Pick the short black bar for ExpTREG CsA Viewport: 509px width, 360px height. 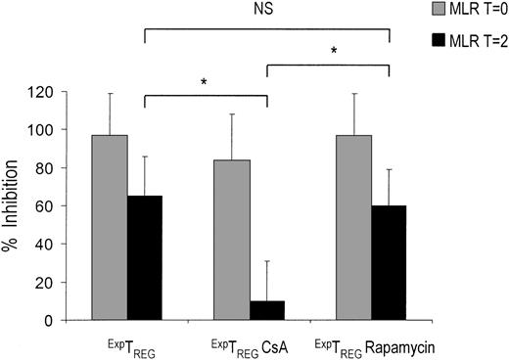click(x=267, y=310)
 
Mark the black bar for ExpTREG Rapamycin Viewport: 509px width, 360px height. click(x=389, y=262)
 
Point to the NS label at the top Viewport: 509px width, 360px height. click(x=266, y=12)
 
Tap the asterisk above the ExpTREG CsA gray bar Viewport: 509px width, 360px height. click(x=204, y=82)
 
